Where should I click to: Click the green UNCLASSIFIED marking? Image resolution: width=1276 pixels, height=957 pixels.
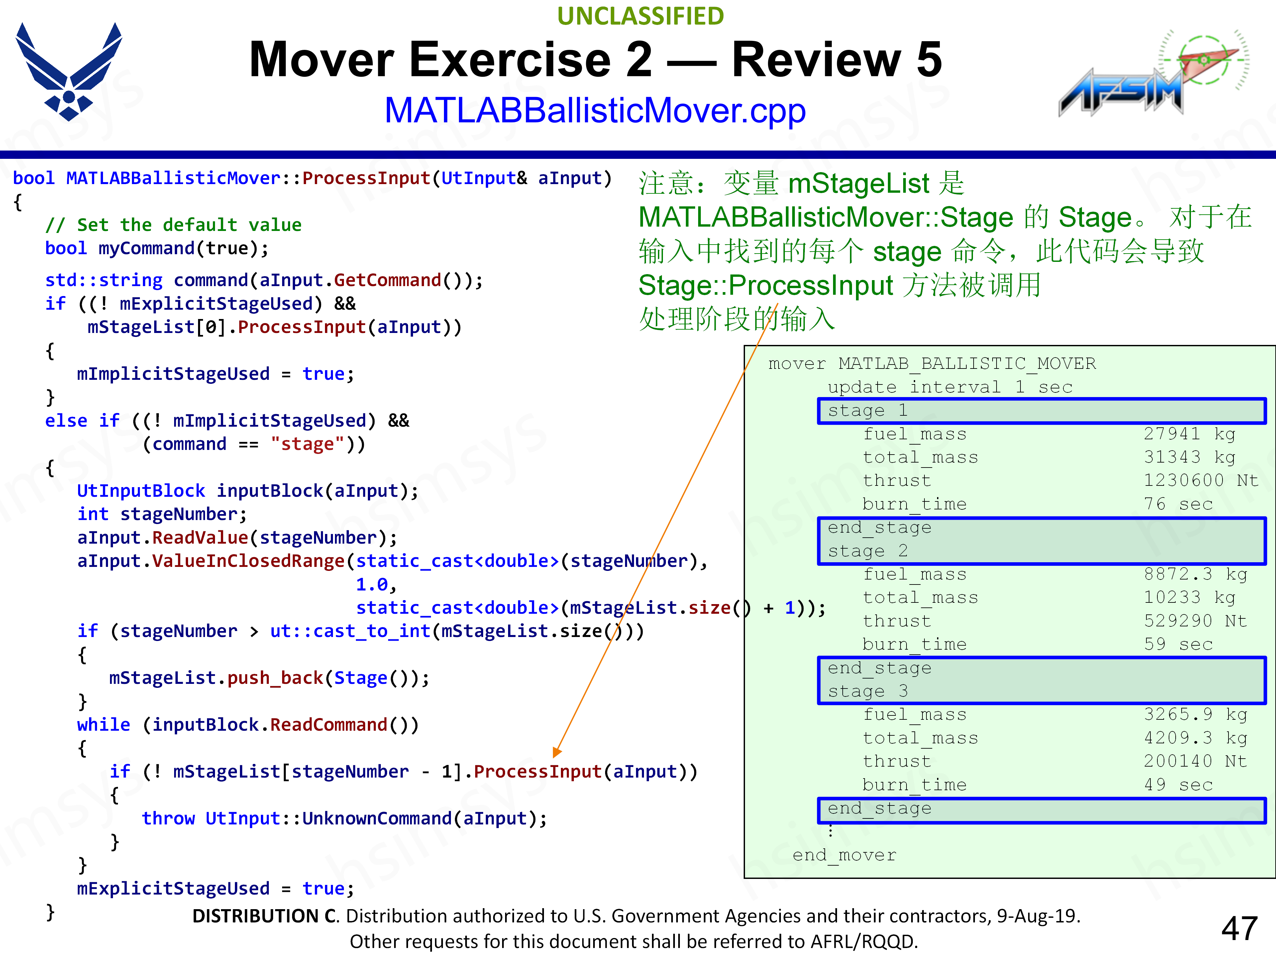coord(640,16)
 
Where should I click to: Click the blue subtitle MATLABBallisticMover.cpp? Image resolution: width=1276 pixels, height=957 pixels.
coord(595,111)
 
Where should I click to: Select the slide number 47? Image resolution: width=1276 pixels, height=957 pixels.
coord(1239,928)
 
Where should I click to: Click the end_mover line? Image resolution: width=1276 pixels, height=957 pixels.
coord(844,855)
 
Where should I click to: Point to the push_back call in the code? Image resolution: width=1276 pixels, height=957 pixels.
coord(274,678)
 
